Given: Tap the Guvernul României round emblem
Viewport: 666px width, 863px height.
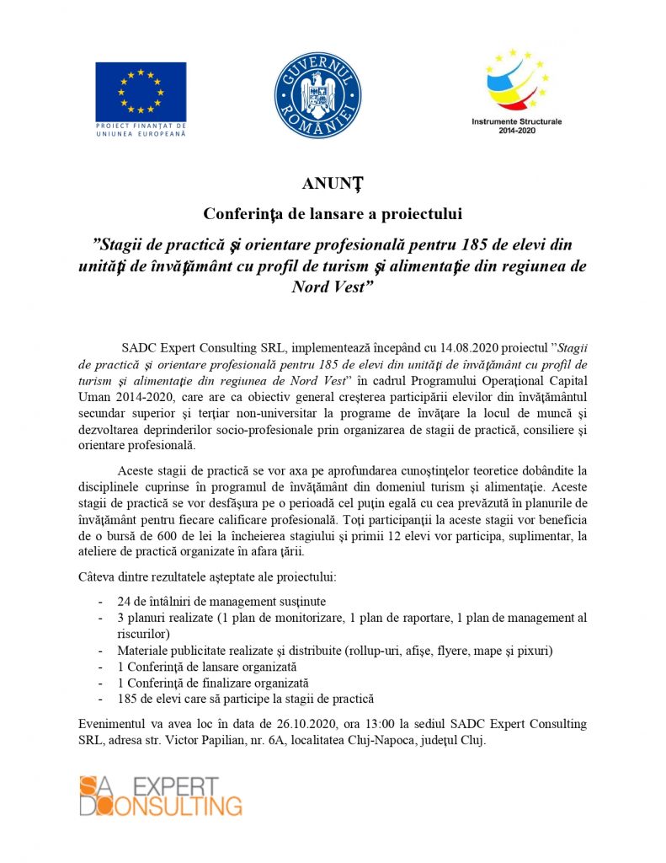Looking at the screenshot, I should (x=317, y=94).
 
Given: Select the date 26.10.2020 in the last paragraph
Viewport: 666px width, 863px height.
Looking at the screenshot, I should (x=306, y=724).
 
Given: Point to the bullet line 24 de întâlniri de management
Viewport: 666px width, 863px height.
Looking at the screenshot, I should (x=221, y=602).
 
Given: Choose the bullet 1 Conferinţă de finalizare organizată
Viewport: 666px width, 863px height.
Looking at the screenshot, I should (x=213, y=683).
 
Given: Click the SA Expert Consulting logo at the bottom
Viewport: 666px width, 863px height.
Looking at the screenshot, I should (x=161, y=796).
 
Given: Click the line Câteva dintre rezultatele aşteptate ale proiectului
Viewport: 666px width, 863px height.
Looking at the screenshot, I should (x=206, y=577).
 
